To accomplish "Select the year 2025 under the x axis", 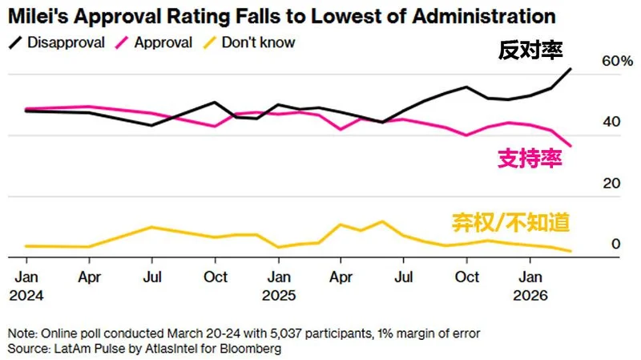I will tap(280, 295).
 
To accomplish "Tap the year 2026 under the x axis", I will tap(529, 295).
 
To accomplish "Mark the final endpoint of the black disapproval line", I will tap(571, 69).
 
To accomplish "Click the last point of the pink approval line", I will tap(571, 146).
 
